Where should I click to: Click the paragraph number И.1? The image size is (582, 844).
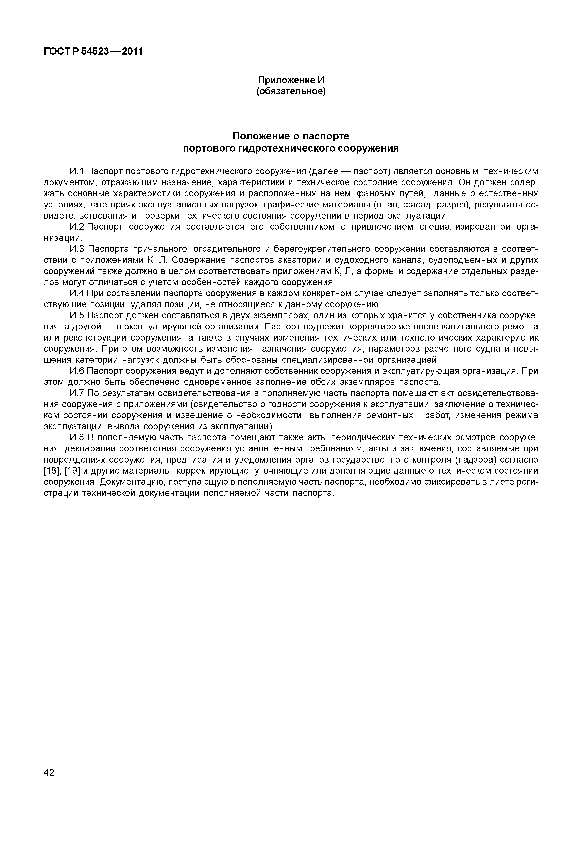click(77, 172)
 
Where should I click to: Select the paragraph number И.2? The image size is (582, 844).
click(77, 227)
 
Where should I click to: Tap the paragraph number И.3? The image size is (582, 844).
click(77, 249)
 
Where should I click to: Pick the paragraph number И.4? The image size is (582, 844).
click(77, 293)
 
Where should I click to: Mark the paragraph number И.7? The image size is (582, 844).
click(77, 393)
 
